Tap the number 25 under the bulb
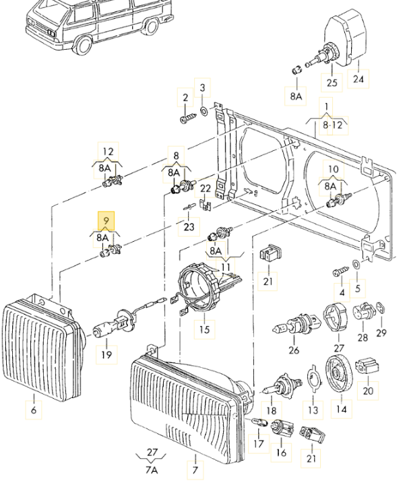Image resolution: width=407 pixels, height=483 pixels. [x=331, y=83]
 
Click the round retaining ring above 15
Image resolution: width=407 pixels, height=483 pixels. [x=200, y=286]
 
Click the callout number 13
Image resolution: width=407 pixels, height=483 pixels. [x=313, y=410]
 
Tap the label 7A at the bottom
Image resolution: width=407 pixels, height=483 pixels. [x=152, y=469]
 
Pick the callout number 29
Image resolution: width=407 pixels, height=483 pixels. [x=381, y=333]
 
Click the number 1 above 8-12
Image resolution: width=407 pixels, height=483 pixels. [x=326, y=106]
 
